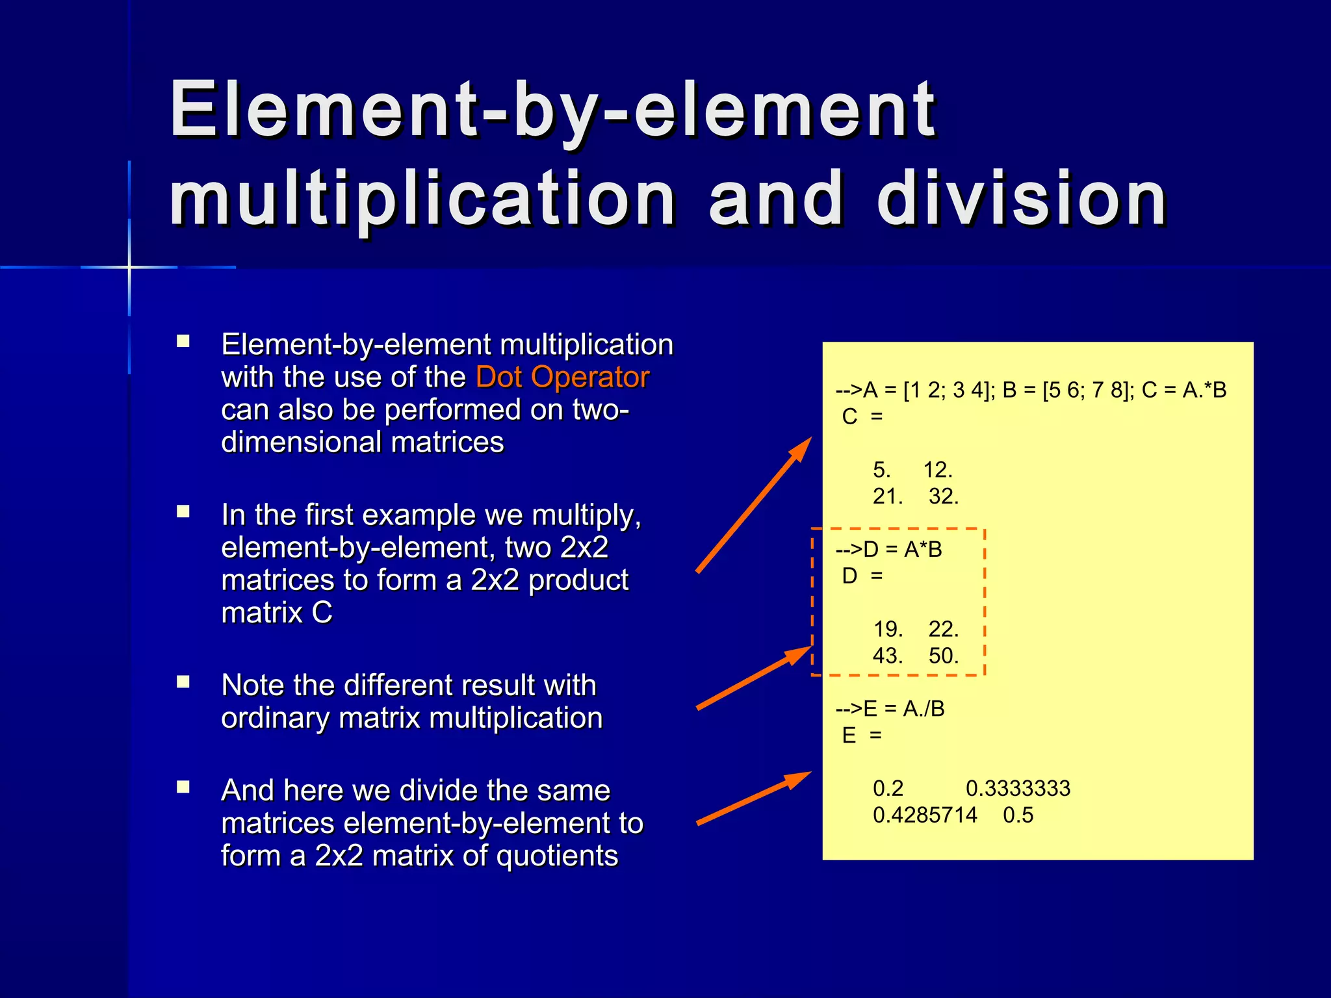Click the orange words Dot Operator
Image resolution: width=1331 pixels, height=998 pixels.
point(562,377)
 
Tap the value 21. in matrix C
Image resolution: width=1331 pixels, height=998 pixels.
point(887,497)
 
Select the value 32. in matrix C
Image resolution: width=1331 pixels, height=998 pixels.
point(943,497)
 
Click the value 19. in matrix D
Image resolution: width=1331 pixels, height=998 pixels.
point(887,630)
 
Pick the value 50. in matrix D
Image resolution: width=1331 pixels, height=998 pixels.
point(943,656)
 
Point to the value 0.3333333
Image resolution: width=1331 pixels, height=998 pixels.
point(1017,789)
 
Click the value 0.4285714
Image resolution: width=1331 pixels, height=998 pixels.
point(924,815)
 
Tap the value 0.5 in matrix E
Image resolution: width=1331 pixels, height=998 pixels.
point(1018,815)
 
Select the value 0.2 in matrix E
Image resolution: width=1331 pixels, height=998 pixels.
point(888,789)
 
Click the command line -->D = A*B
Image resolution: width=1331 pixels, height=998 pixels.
point(888,550)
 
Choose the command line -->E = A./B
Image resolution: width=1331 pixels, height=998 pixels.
point(890,709)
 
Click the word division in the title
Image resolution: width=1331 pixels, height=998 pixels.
point(1022,199)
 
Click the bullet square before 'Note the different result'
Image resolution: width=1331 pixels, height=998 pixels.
point(183,682)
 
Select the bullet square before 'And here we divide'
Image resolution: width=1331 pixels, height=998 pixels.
point(183,787)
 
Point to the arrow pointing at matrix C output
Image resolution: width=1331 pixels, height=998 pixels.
point(754,504)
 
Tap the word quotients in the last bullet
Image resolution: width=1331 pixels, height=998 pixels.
point(557,856)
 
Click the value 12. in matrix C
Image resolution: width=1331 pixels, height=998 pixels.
point(937,470)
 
